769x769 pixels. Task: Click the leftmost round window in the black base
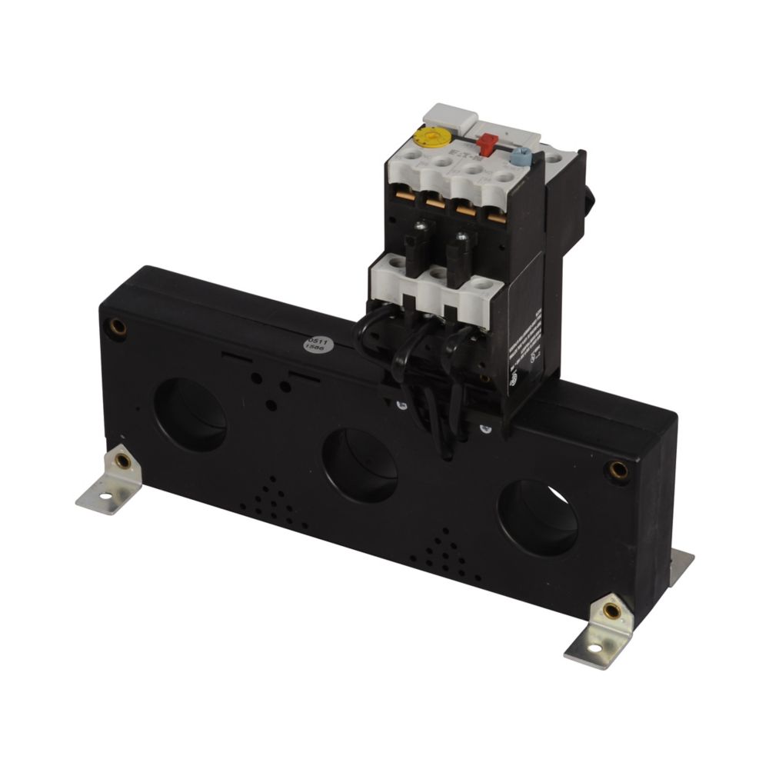click(x=190, y=415)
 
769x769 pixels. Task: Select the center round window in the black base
click(x=359, y=466)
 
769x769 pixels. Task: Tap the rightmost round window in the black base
click(x=538, y=518)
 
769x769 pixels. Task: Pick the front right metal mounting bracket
click(x=601, y=631)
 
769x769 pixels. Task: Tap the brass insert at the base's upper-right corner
click(x=618, y=470)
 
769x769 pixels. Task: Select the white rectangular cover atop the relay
click(x=450, y=118)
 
